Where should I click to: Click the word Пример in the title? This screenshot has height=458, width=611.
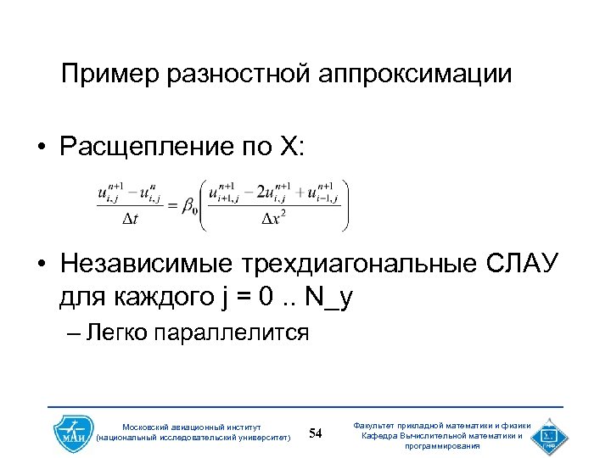(110, 74)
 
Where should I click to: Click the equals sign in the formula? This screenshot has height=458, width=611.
(169, 204)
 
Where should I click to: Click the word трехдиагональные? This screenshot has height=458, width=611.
(342, 264)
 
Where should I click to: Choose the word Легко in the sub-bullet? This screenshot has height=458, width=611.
(116, 332)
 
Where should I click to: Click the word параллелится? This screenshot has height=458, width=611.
(233, 332)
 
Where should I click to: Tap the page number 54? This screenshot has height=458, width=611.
(316, 433)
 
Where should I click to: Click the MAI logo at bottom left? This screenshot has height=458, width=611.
(71, 433)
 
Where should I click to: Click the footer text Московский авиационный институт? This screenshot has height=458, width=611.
(193, 426)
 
